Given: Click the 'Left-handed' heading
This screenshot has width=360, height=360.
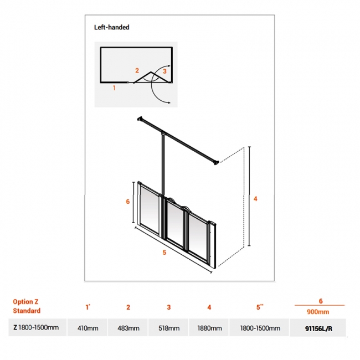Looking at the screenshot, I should (111, 27).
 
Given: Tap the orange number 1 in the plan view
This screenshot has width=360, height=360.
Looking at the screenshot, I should (115, 88).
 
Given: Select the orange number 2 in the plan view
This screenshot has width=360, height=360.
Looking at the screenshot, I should (137, 70).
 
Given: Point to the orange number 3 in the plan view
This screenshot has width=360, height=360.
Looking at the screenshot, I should (164, 71).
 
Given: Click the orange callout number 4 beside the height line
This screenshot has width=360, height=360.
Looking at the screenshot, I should (255, 199).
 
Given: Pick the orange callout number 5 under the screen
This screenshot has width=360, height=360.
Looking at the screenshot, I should (164, 253).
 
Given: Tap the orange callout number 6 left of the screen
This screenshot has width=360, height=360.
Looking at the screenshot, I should (127, 202).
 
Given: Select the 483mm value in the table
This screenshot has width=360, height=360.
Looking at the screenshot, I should (128, 328).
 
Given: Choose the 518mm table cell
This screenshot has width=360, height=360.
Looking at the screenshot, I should (168, 328).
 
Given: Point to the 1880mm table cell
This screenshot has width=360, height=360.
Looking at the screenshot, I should (209, 328).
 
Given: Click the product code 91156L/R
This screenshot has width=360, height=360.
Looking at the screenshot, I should (320, 328).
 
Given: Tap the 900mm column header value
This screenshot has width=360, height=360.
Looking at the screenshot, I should (320, 311).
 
